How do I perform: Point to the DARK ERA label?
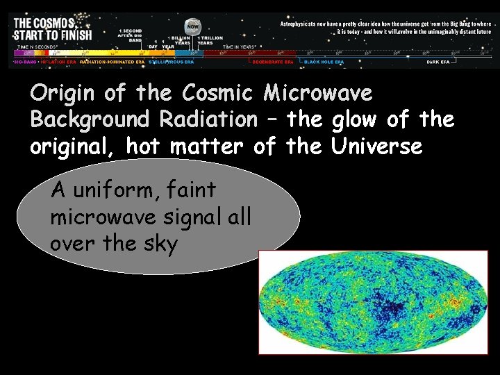pos(442,62)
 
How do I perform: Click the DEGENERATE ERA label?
pos(272,62)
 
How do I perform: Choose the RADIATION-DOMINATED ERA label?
pos(112,62)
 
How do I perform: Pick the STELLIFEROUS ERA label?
pos(171,62)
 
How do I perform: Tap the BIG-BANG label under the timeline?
pos(25,62)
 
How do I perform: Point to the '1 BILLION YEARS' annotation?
pos(183,40)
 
